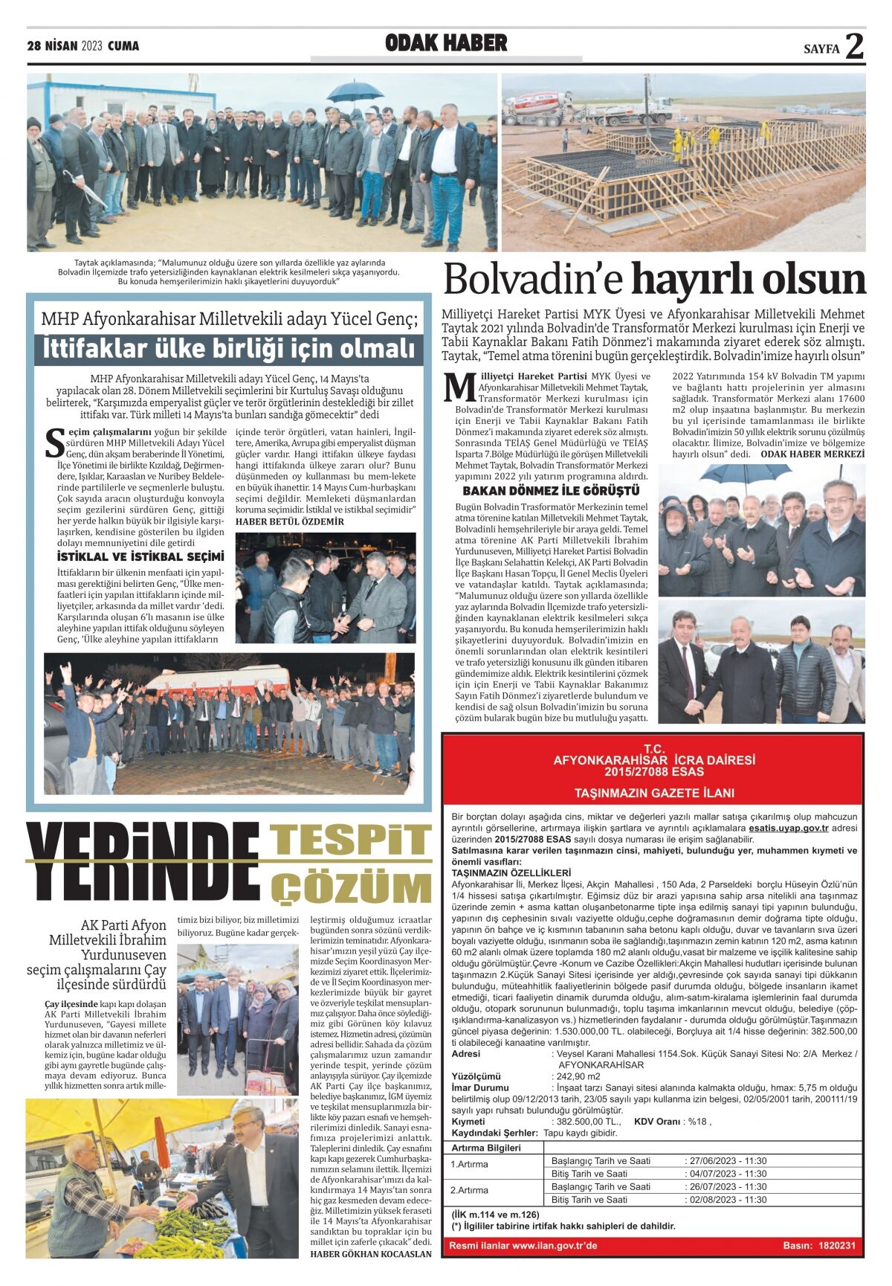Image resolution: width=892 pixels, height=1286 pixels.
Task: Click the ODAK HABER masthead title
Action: [x=446, y=43]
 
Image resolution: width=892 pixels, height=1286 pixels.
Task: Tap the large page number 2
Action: [x=855, y=47]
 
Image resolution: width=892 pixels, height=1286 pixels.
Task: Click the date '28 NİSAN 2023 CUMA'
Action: [x=83, y=46]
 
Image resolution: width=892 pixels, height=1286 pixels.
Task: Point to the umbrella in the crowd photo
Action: [x=355, y=91]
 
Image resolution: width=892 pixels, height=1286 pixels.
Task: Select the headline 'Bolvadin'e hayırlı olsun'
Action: [x=655, y=280]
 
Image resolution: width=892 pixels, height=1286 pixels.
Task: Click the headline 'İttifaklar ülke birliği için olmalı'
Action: [x=228, y=348]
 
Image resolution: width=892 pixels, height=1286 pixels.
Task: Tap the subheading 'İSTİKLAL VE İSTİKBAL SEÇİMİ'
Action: [x=140, y=556]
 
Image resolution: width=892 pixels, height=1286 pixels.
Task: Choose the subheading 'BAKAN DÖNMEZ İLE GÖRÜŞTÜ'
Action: [x=551, y=491]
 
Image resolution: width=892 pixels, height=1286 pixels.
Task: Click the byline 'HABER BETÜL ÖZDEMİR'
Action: [x=289, y=521]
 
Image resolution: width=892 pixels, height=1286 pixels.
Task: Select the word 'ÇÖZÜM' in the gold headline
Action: [x=351, y=888]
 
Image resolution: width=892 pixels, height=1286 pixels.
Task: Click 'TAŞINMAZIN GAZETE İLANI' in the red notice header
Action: [x=653, y=793]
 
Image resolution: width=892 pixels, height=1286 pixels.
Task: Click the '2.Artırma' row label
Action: [x=470, y=1190]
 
